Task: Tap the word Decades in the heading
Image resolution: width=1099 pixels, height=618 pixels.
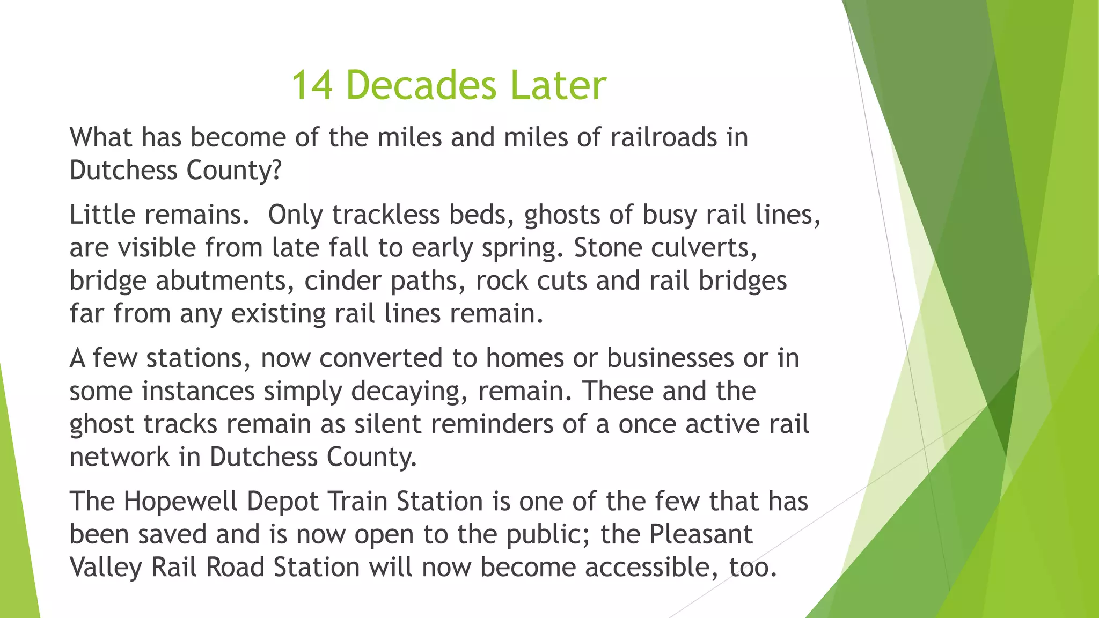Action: pyautogui.click(x=421, y=86)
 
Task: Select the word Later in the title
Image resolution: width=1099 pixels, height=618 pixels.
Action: pyautogui.click(x=558, y=86)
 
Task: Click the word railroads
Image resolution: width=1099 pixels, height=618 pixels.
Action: pyautogui.click(x=664, y=137)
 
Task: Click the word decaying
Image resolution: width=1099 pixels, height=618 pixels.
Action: pyautogui.click(x=411, y=392)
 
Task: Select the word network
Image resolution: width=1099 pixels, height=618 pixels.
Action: pyautogui.click(x=120, y=457)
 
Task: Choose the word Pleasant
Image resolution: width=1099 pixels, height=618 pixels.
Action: pyautogui.click(x=701, y=534)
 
